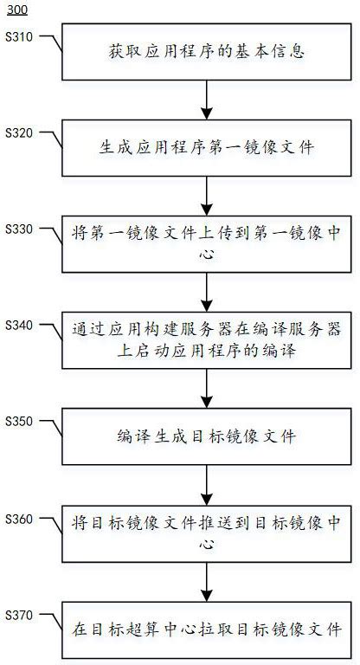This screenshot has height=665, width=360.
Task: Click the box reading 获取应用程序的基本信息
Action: click(x=206, y=52)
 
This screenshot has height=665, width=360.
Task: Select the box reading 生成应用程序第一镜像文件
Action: click(x=206, y=148)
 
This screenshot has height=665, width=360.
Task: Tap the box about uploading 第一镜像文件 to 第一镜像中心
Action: click(x=206, y=243)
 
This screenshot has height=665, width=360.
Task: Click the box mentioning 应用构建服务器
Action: click(x=206, y=339)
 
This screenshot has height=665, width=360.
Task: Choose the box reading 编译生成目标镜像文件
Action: click(x=206, y=436)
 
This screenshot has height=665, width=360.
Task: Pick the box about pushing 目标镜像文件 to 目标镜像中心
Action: click(x=206, y=532)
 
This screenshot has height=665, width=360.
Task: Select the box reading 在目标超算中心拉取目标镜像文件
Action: click(x=206, y=628)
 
